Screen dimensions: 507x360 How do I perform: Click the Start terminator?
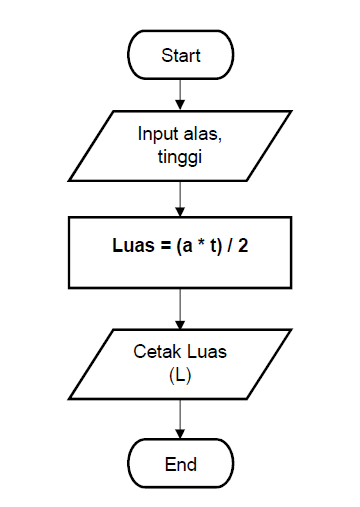click(x=180, y=55)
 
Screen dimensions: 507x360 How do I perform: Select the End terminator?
click(x=180, y=464)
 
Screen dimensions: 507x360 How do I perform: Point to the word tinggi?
click(x=180, y=155)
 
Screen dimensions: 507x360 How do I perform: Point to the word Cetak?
click(x=154, y=352)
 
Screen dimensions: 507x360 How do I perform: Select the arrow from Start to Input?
click(x=180, y=92)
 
